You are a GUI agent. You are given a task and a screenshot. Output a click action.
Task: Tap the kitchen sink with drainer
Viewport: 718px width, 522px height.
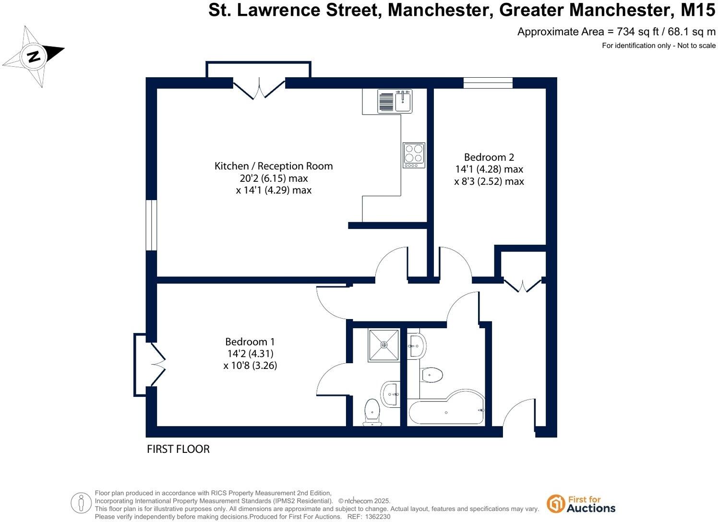(395, 101)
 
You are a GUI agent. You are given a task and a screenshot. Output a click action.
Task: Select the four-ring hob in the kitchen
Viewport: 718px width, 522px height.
(413, 155)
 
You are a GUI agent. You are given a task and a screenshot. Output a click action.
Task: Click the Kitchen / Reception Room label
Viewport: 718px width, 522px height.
(273, 166)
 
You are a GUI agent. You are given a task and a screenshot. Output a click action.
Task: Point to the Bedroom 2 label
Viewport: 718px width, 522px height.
(489, 157)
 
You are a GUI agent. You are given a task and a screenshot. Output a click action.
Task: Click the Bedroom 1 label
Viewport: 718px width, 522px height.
(250, 342)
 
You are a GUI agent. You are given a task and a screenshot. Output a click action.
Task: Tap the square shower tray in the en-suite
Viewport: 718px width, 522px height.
(383, 345)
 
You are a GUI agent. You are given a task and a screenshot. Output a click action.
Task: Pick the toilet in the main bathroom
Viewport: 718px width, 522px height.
(431, 375)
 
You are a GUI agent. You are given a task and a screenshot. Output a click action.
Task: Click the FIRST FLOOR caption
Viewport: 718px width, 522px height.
(178, 449)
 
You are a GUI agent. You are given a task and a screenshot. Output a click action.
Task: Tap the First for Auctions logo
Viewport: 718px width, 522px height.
(581, 504)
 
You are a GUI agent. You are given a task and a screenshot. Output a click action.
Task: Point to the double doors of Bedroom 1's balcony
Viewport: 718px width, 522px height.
(157, 365)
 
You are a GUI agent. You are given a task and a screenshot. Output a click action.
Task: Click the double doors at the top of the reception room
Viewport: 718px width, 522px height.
(259, 90)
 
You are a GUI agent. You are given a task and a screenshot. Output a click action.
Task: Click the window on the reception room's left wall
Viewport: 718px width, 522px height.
(151, 225)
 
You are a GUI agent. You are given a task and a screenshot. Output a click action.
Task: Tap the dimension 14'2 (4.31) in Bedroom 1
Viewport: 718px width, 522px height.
(250, 354)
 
